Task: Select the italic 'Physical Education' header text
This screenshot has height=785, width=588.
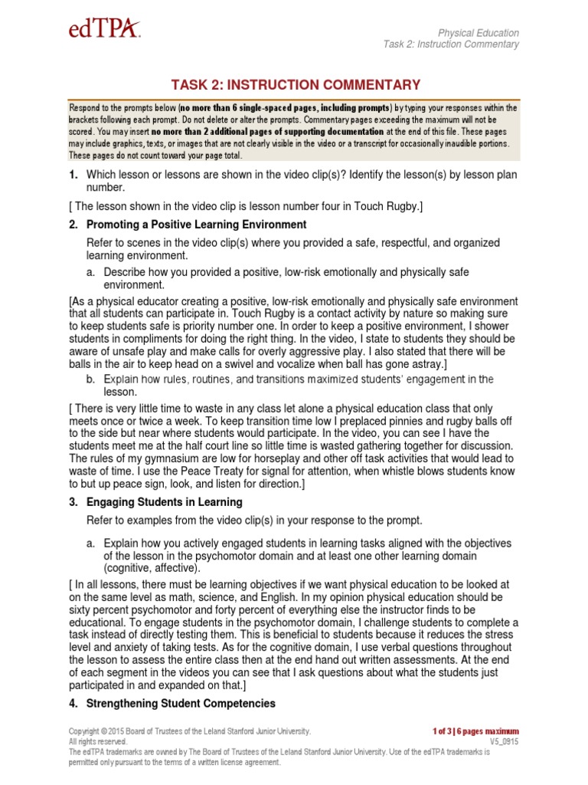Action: tap(478, 33)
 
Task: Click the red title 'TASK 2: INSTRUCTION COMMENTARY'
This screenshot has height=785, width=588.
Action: tap(293, 85)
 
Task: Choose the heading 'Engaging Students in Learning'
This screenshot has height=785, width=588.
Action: tap(165, 502)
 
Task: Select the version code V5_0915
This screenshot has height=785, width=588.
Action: tap(504, 742)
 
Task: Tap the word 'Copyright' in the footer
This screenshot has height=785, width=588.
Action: tap(83, 731)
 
